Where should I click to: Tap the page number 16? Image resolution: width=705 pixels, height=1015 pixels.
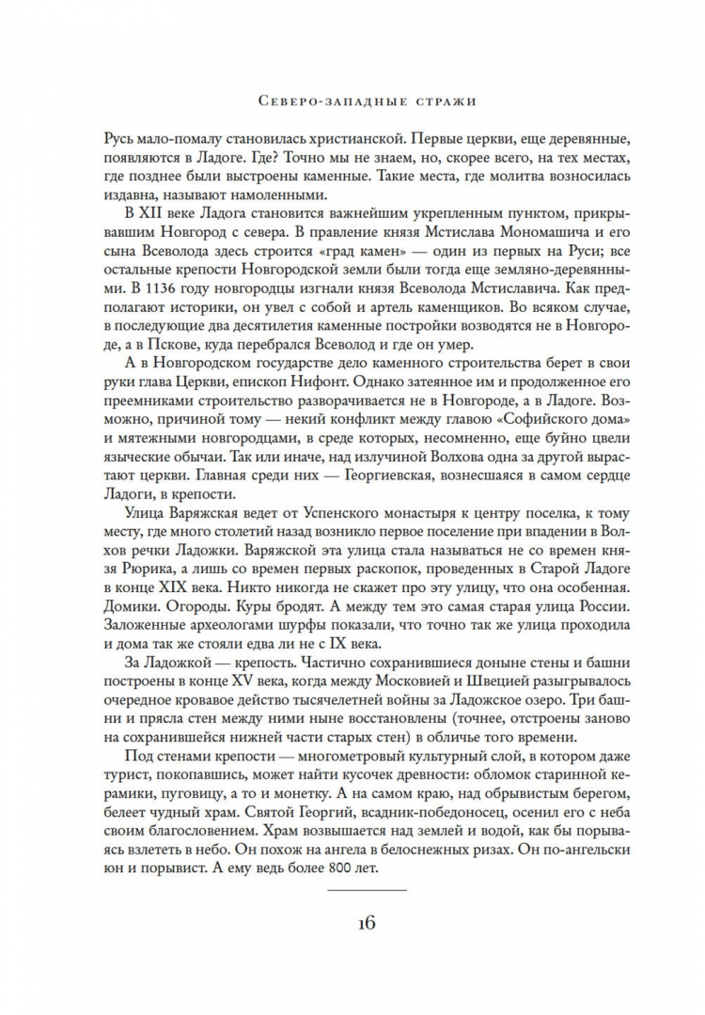(352, 922)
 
